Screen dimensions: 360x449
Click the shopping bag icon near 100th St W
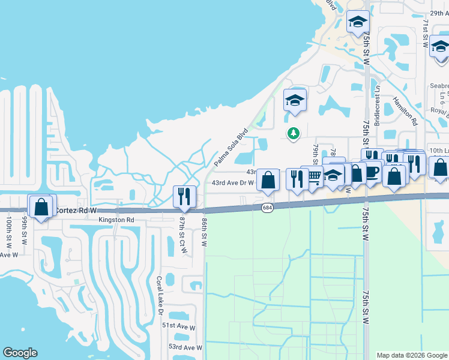click(41, 207)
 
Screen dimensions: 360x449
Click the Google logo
click(20, 353)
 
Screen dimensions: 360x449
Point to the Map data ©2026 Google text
click(412, 355)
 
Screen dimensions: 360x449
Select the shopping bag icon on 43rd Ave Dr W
click(268, 180)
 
